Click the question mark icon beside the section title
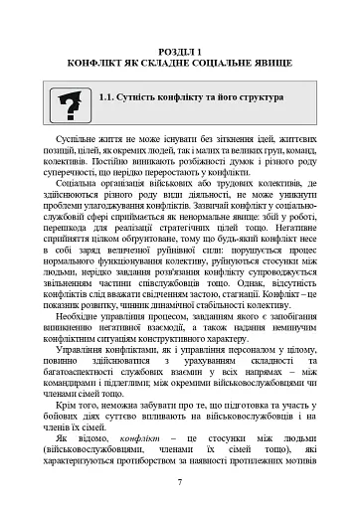[x=71, y=103]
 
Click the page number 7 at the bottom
[x=180, y=481]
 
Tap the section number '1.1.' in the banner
[x=112, y=98]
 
